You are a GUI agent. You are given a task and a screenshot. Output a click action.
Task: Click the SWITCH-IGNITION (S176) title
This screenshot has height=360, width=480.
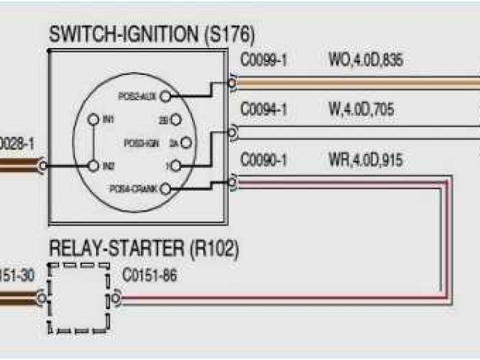(151, 34)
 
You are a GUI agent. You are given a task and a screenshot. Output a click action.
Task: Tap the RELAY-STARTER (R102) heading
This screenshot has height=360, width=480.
(144, 248)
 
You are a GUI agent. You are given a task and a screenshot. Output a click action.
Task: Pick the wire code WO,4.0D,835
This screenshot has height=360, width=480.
(365, 60)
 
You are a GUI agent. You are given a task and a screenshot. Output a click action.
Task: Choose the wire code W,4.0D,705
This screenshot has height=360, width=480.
(361, 111)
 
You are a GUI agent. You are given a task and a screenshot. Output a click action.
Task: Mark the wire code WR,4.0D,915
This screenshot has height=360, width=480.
(365, 160)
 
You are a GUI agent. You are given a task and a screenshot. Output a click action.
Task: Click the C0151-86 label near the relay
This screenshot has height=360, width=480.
(150, 275)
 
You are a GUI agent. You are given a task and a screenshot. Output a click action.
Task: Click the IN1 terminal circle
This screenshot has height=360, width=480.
(93, 119)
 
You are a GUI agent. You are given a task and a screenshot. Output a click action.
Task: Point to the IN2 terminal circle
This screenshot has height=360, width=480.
(93, 165)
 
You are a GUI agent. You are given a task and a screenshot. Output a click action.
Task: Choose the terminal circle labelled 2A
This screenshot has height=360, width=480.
(185, 142)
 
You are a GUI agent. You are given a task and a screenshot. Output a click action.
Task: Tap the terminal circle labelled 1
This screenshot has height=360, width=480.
(177, 165)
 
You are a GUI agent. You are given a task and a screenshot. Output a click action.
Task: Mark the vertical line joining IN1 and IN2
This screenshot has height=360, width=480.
(93, 142)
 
